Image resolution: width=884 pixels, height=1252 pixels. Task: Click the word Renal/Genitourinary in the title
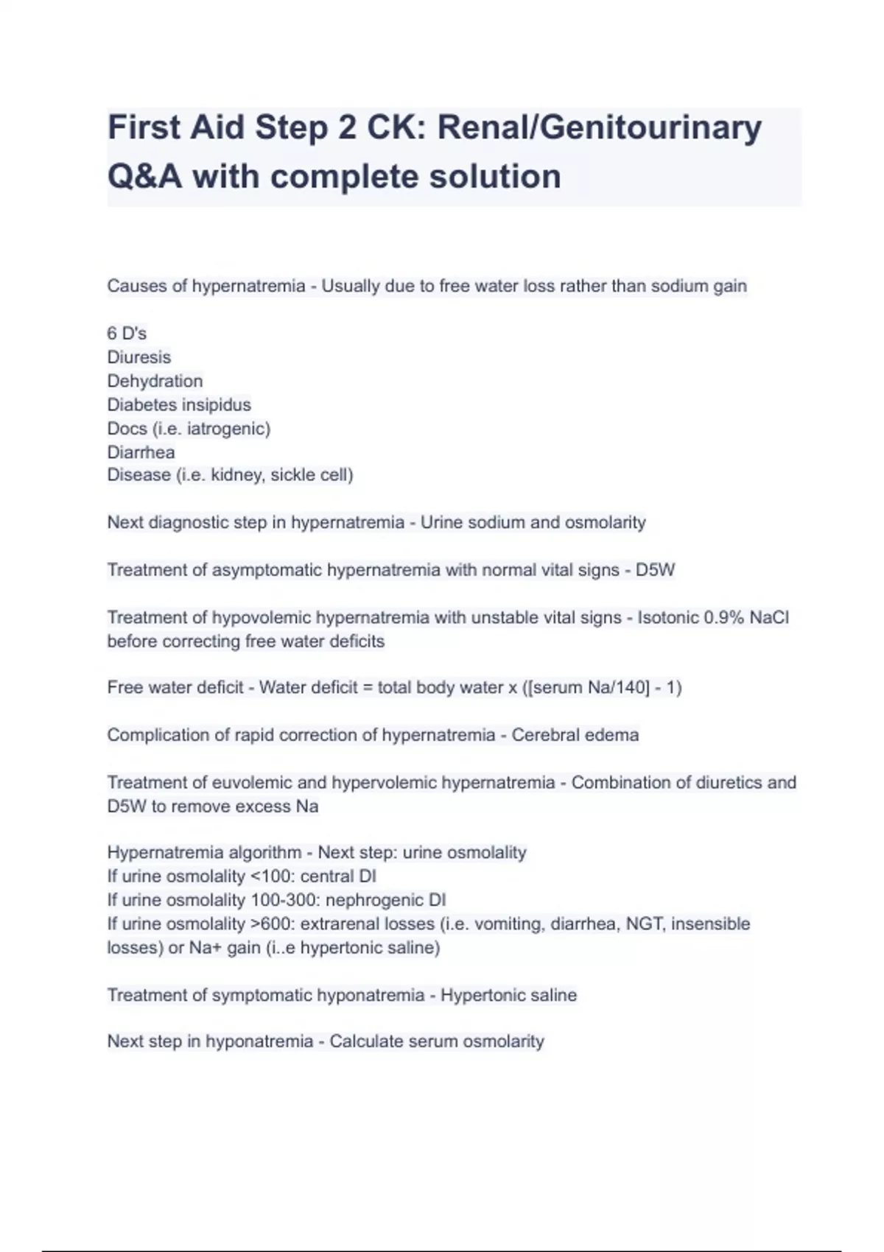(600, 128)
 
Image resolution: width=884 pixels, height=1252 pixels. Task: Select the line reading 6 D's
(127, 334)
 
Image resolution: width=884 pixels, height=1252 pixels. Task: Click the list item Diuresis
(138, 357)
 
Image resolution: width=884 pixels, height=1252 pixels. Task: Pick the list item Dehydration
(155, 381)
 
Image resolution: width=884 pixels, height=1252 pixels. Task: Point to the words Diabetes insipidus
(179, 404)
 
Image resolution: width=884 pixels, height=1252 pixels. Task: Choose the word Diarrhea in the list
(141, 451)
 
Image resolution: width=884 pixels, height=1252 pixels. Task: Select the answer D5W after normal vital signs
(655, 570)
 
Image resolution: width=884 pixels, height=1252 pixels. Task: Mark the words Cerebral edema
(575, 735)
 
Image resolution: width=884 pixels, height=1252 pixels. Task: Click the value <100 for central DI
(273, 876)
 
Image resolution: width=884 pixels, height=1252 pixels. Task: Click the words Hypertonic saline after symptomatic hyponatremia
(508, 995)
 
